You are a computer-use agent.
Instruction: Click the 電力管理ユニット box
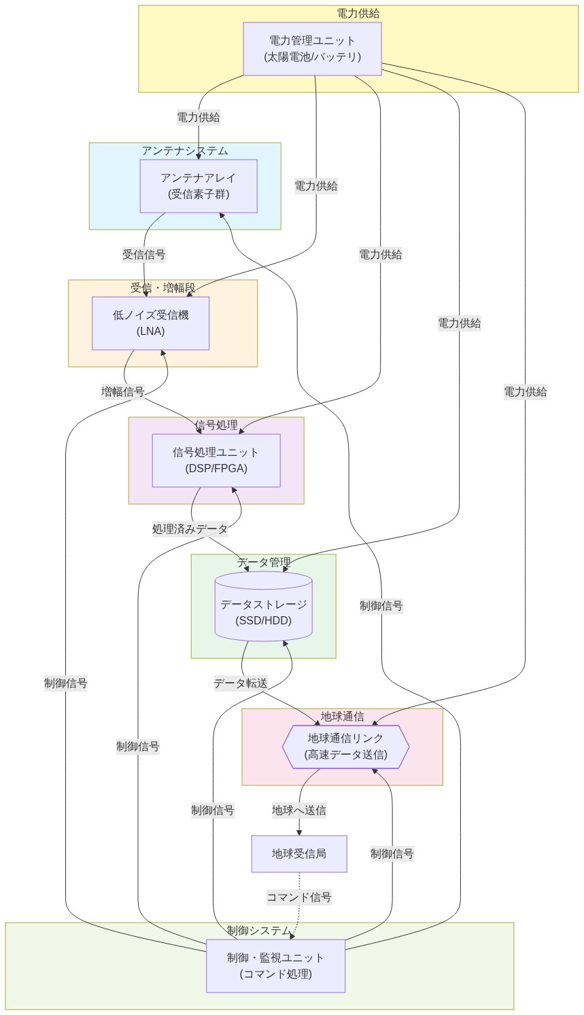312,49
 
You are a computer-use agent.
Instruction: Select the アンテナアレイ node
199,186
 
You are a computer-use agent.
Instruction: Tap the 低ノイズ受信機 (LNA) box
150,323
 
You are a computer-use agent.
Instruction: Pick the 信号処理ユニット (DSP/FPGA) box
216,461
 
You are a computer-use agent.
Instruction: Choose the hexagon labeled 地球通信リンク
345,746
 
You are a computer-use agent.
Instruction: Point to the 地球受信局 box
299,854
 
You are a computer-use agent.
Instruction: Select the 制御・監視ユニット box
275,966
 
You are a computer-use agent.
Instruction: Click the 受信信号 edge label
143,255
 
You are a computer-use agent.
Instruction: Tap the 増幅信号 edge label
122,391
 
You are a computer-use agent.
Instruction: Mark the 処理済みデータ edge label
190,529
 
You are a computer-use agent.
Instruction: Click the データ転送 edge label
241,683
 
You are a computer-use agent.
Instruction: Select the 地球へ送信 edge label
299,810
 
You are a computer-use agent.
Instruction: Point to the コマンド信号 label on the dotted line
299,897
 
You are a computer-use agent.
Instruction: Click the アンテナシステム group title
185,151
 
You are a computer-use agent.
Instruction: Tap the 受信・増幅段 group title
163,288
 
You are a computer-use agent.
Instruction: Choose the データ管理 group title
264,563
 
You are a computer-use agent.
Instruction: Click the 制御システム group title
259,930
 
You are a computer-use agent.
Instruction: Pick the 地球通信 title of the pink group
342,717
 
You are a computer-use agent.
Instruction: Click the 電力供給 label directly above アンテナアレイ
199,118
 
